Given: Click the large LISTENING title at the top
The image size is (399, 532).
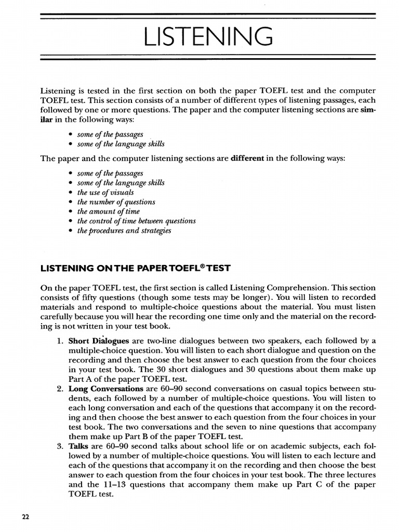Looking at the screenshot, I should [x=208, y=38].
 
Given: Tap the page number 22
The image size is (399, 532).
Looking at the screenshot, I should [x=25, y=516].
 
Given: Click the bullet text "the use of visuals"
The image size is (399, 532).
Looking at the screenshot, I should [x=105, y=192].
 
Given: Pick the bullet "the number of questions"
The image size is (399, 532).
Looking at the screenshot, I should [x=116, y=202].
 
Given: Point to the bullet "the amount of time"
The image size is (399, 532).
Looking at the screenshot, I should [x=109, y=211].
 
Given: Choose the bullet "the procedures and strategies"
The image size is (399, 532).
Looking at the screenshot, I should [x=124, y=230].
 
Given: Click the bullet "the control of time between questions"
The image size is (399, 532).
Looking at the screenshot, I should [x=136, y=221].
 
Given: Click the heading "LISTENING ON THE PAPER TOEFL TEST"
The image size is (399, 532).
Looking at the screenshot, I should [x=135, y=268].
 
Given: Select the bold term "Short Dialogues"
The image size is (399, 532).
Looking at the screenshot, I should [x=98, y=341].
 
